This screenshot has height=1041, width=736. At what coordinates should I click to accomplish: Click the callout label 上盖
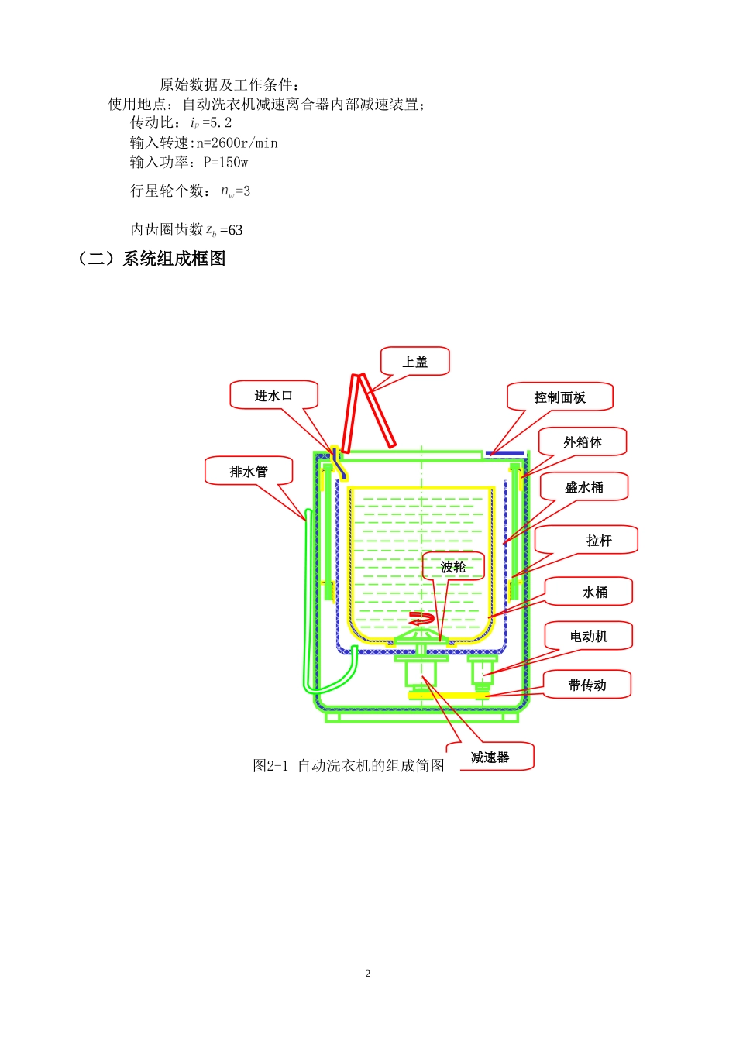pos(415,362)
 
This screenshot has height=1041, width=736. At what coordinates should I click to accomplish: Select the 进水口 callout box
pos(274,395)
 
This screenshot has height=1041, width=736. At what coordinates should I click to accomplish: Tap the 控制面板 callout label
pos(559,397)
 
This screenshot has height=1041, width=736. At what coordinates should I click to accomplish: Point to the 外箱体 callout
pos(583,442)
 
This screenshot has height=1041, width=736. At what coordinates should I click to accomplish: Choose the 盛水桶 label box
pos(584,487)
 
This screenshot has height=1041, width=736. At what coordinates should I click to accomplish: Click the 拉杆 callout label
pos(598,541)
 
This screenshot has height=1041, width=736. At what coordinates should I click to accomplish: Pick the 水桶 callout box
pos(595,593)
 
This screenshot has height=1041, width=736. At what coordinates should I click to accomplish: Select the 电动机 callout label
pos(589,637)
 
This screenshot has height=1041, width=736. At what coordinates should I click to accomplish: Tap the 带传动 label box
pos(587,685)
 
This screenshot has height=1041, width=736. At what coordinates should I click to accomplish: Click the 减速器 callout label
pos(490,758)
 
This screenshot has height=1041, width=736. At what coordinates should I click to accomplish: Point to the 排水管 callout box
pos(249,471)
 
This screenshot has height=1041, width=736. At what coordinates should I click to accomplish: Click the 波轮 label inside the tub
pos(453,567)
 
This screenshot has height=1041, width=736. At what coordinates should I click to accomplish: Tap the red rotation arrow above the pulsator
pos(421,618)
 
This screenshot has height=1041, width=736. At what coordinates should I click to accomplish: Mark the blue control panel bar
pos(505,453)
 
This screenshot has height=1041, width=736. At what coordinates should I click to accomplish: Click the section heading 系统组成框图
pos(174,259)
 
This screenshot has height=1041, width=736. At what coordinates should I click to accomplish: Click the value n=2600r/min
pos(236,143)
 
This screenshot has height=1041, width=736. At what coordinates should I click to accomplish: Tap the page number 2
pos(368,974)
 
